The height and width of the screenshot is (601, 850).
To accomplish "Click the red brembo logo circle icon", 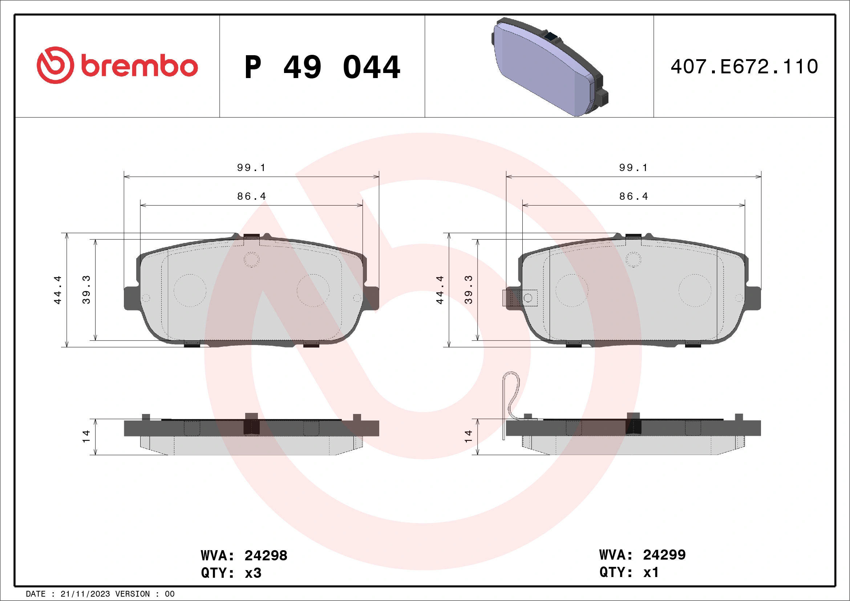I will (55, 65).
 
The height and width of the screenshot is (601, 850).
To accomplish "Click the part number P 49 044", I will (322, 67).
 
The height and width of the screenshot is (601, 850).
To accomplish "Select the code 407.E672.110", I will (744, 67).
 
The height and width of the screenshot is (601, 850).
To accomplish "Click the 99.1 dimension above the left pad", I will (251, 168).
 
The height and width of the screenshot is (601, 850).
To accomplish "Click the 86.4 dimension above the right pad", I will (634, 196).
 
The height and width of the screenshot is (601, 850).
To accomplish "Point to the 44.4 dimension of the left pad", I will (57, 290).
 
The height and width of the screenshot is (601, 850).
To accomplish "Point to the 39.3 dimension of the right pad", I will (468, 290).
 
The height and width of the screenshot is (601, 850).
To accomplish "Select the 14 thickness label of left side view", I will (86, 436).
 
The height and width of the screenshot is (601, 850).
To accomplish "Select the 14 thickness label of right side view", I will (468, 436).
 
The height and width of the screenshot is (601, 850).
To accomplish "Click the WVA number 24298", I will (266, 556).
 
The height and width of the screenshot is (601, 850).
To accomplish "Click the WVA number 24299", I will (664, 555).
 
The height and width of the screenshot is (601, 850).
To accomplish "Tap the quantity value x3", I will (253, 573).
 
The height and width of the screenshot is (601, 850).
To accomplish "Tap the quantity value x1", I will (651, 573).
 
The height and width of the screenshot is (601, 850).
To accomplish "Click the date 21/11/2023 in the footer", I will (85, 594).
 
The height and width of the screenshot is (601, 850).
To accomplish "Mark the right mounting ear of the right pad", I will (754, 298).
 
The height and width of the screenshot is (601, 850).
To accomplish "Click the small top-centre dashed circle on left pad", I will (251, 259).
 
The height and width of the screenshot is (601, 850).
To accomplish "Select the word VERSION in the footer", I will (133, 594).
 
